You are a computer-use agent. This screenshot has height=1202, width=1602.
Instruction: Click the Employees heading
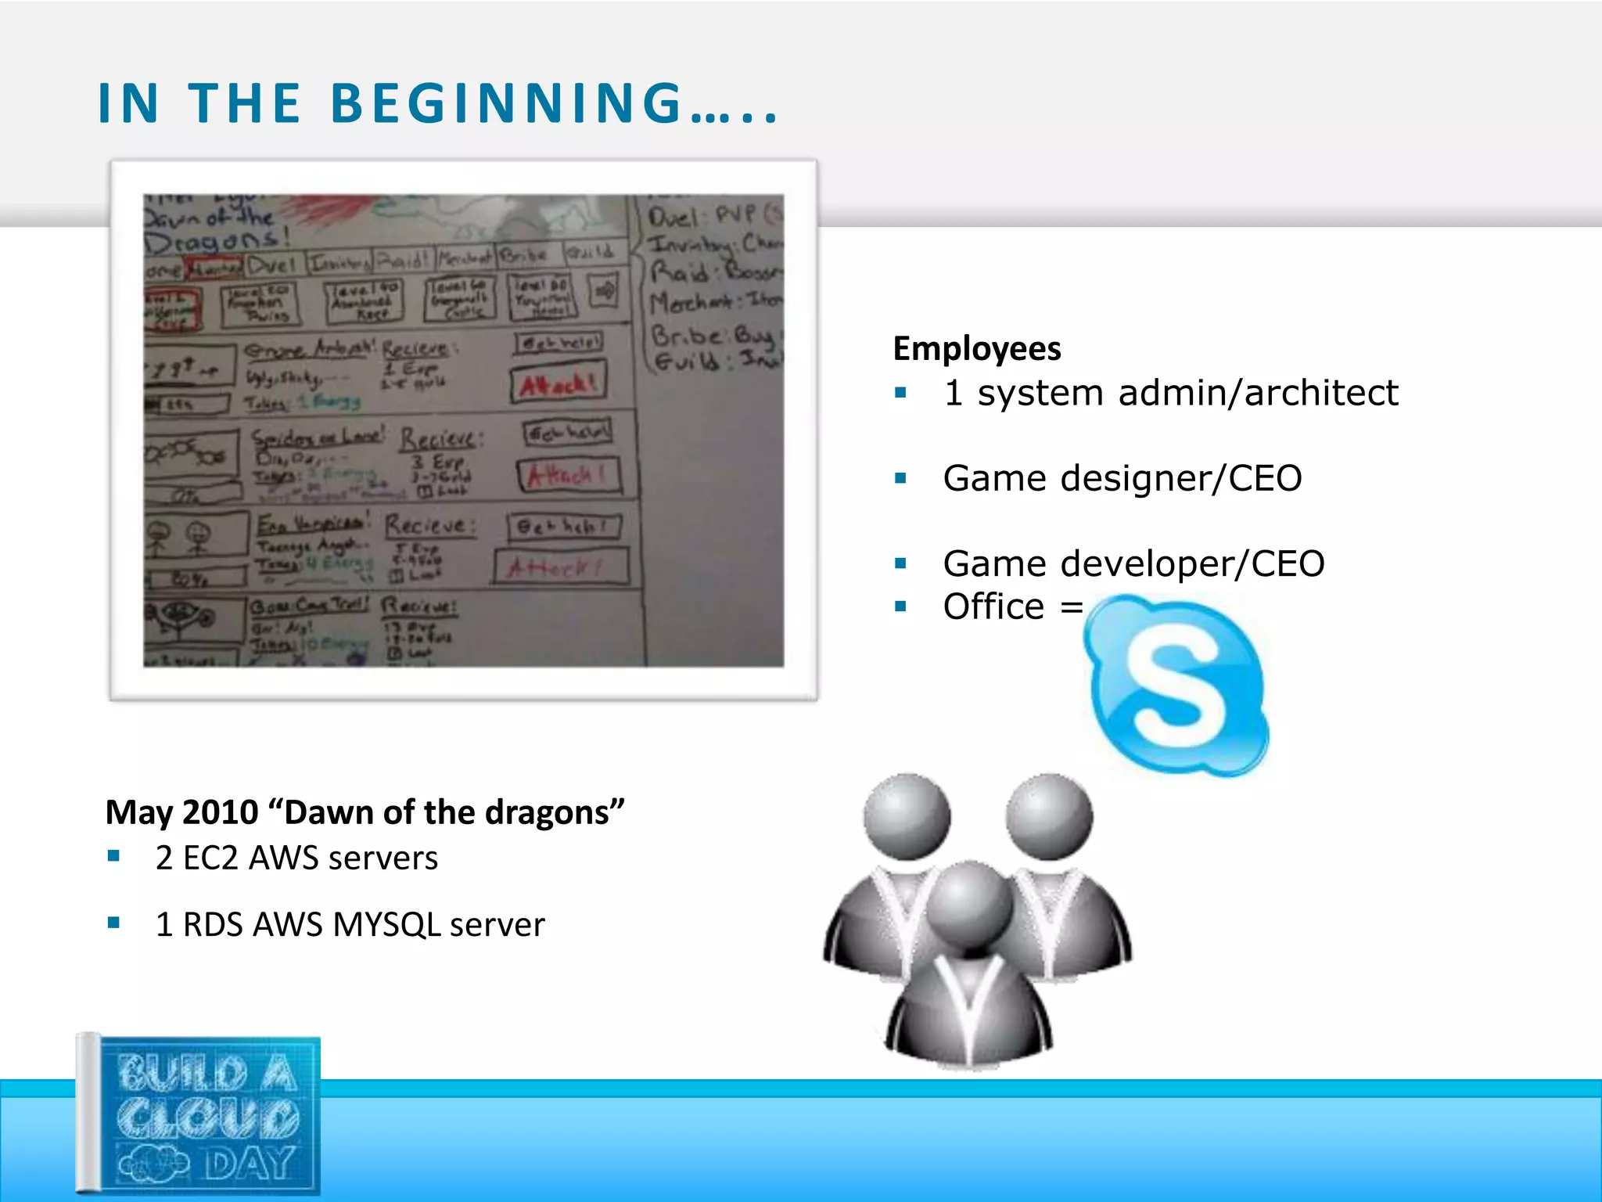coord(977,349)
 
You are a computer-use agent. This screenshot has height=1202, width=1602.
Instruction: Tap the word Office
coord(993,607)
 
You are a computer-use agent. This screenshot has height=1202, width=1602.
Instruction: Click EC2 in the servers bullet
coord(210,858)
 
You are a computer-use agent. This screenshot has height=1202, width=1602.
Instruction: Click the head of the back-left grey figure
coord(907,816)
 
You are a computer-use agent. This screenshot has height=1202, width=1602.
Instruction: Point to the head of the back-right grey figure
coord(1049,816)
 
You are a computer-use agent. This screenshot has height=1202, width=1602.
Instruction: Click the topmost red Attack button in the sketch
coord(559,383)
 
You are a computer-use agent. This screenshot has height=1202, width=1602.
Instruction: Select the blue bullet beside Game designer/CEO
coord(901,478)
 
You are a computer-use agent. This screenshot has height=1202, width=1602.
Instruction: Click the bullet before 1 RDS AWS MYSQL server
coord(114,923)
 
